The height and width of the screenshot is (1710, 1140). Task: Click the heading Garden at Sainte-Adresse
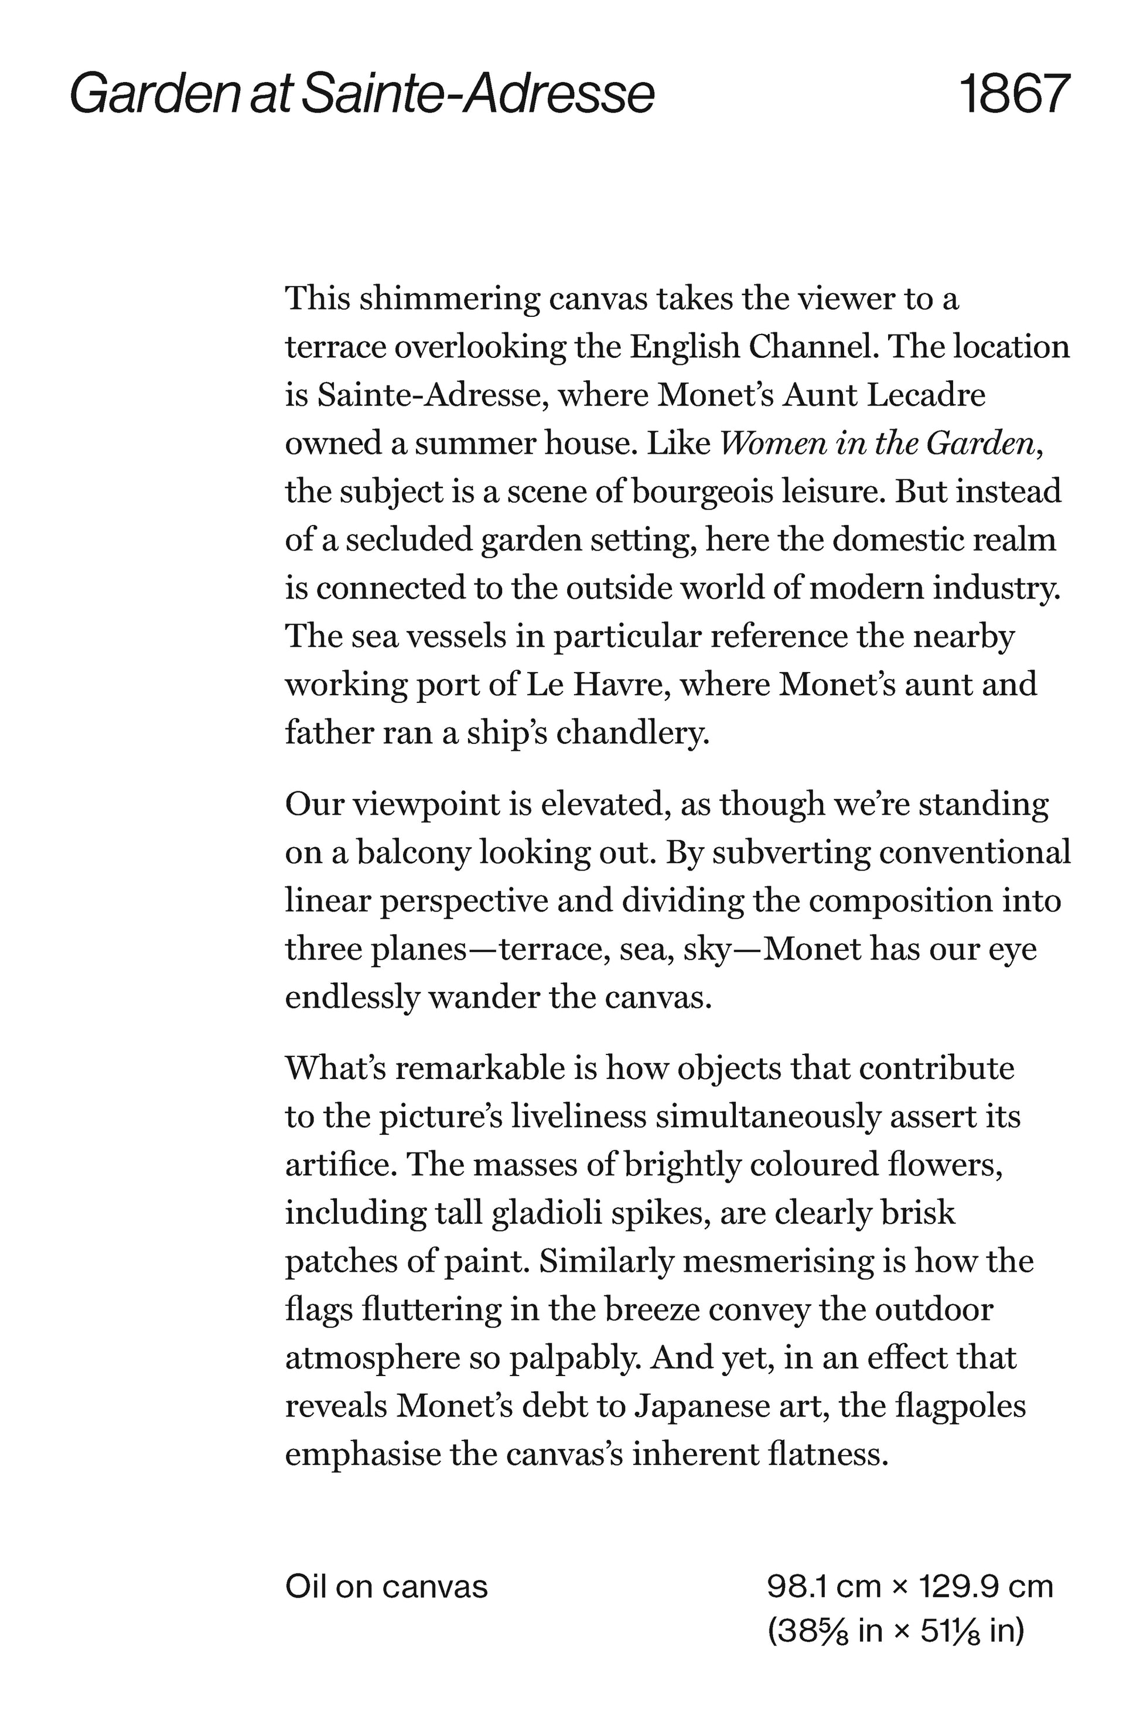[x=362, y=94]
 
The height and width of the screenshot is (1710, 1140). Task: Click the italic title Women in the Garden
[x=878, y=443]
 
